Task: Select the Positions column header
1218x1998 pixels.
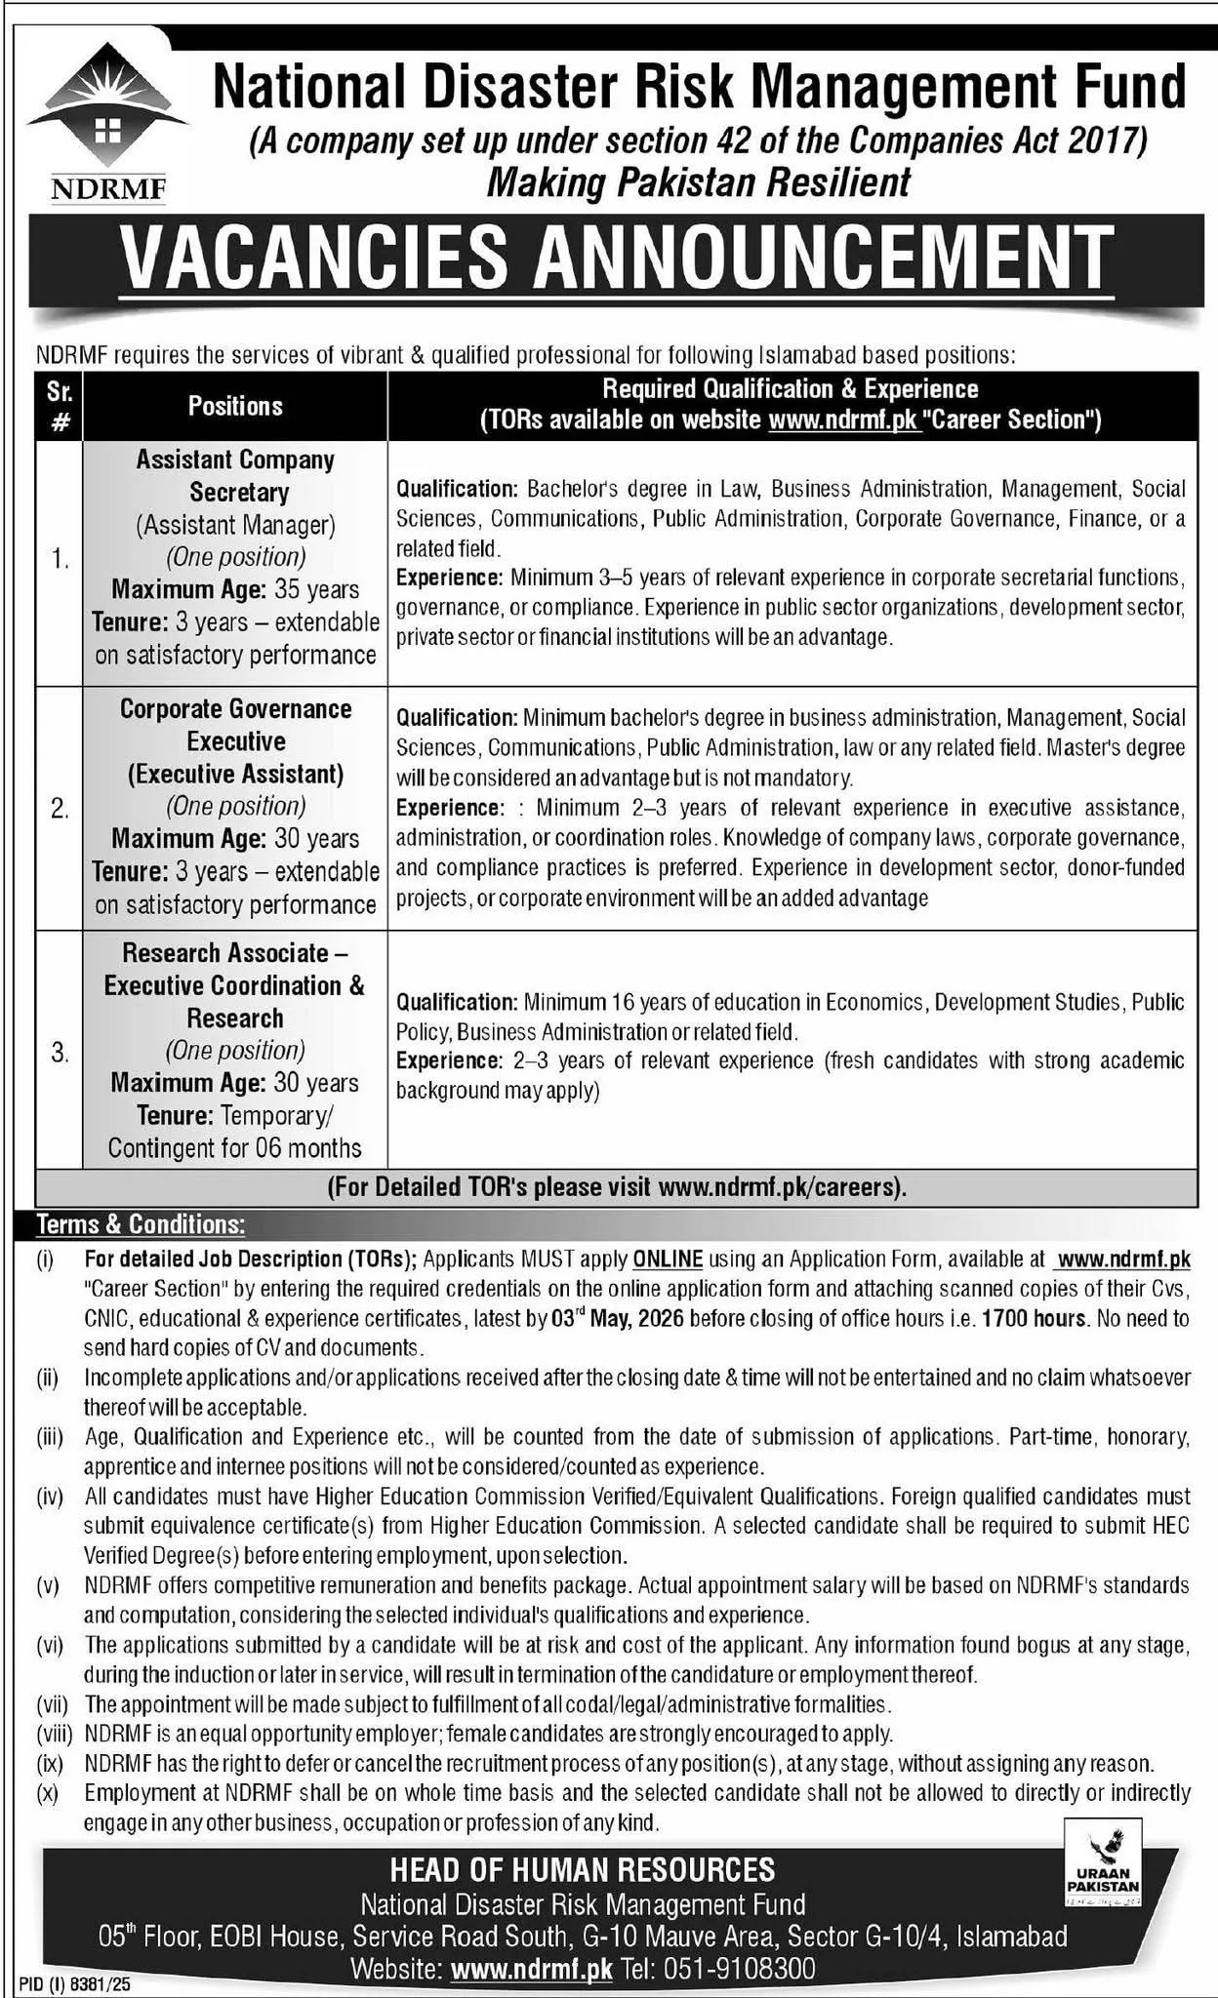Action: [235, 406]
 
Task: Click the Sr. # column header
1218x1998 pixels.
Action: [60, 406]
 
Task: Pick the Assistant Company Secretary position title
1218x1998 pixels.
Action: [236, 475]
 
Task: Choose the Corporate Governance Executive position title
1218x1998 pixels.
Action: [236, 724]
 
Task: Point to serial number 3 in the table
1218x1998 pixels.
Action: [60, 1052]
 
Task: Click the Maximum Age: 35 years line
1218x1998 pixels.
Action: [235, 589]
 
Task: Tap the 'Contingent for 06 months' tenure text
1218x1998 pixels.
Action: [235, 1148]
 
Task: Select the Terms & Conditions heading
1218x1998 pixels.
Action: [141, 1223]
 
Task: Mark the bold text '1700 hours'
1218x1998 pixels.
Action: [1034, 1318]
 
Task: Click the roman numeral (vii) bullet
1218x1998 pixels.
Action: [49, 1704]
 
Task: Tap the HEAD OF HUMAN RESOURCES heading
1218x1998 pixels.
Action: [583, 1869]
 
